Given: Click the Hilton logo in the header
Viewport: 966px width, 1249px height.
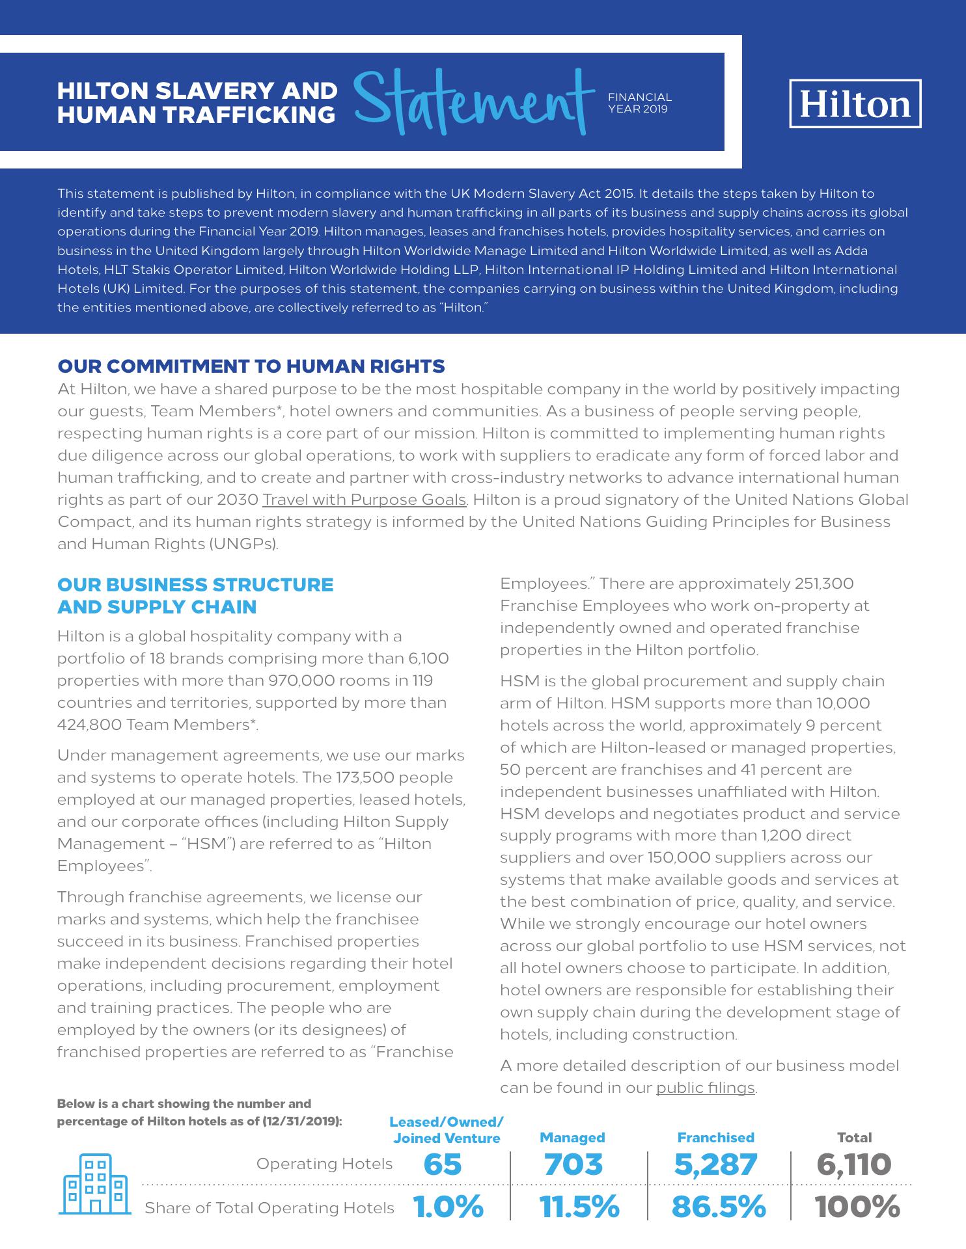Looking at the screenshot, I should [855, 104].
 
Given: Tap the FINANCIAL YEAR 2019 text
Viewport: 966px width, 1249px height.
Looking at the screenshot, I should [639, 103].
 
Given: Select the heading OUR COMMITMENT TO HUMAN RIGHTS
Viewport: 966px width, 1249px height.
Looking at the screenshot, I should [251, 366].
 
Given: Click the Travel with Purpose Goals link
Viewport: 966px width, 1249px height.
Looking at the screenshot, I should [365, 500].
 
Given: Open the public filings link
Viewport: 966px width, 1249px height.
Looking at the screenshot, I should [705, 1088].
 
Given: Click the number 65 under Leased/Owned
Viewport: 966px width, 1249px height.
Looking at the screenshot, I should [443, 1164].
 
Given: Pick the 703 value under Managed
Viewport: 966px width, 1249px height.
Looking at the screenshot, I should [573, 1164].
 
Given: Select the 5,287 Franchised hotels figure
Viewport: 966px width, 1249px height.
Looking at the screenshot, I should [715, 1164].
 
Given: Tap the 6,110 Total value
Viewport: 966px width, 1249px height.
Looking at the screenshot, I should [854, 1164].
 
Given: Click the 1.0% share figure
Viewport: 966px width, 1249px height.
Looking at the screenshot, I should [448, 1207].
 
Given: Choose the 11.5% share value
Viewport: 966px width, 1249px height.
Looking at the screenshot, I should [579, 1207].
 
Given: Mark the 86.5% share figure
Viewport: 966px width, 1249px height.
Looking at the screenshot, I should [719, 1207].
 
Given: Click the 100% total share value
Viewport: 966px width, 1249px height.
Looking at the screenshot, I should [857, 1207].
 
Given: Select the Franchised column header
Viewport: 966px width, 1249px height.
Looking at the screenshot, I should [715, 1137].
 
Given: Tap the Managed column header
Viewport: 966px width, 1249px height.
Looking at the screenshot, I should [572, 1137].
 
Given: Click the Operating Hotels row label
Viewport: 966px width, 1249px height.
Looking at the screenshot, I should [324, 1163].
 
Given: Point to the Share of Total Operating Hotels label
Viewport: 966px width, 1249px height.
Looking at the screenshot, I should [269, 1208].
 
